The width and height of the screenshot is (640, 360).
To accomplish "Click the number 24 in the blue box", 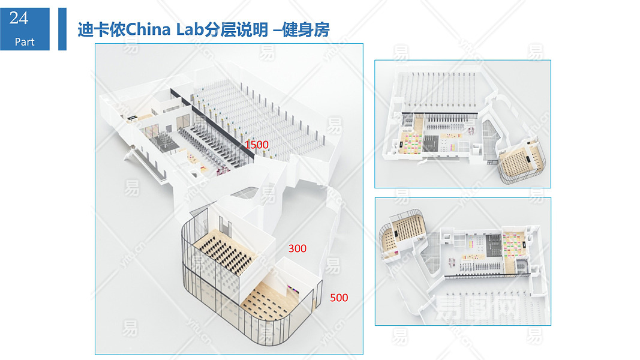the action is tap(19, 18).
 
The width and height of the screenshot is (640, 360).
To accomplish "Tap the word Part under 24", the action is tap(25, 41).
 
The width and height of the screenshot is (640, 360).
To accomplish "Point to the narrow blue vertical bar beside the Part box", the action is tap(62, 29).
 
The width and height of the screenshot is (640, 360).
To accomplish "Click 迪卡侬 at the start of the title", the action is tap(101, 30).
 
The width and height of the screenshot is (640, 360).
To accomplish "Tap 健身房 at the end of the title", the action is tap(306, 30).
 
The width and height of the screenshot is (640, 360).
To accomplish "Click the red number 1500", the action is tap(256, 145).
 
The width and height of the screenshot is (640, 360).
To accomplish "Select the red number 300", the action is tap(297, 248).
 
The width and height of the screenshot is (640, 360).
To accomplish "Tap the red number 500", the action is tap(339, 298).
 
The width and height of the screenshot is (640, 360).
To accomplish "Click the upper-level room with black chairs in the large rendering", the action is tap(224, 249).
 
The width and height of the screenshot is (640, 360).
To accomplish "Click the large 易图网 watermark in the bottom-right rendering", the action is tap(477, 308).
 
